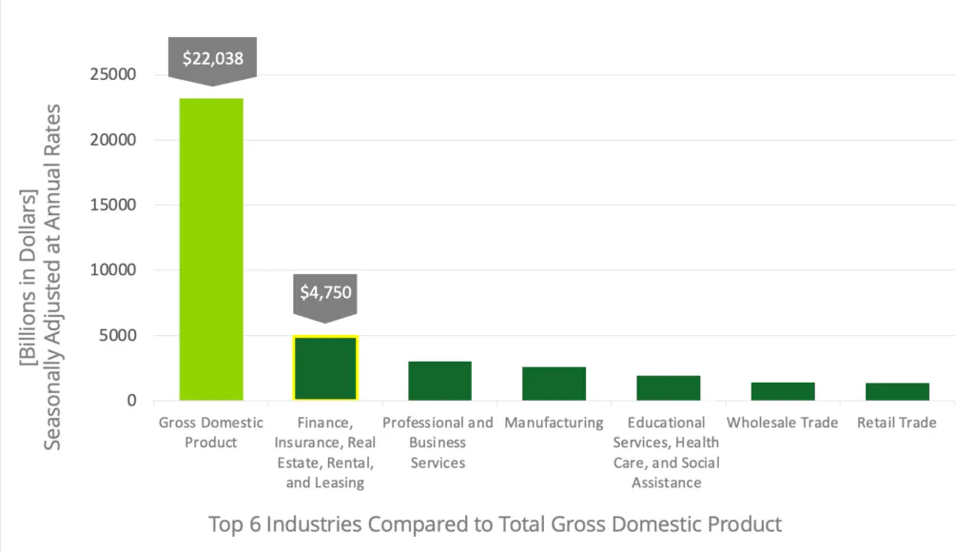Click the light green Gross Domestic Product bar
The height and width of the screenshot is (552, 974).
[211, 249]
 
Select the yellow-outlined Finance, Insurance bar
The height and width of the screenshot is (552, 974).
[325, 368]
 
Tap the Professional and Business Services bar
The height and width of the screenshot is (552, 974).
[439, 381]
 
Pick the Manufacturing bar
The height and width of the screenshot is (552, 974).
[554, 384]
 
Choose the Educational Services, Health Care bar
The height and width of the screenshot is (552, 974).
[668, 387]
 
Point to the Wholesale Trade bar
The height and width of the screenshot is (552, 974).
[782, 391]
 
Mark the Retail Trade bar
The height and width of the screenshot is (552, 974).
[897, 391]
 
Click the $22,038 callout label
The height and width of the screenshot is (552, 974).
[213, 58]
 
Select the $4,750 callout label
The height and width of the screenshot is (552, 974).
[326, 292]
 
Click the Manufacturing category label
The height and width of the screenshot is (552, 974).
[554, 423]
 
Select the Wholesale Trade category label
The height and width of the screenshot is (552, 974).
[782, 423]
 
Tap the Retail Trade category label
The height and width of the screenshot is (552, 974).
[897, 423]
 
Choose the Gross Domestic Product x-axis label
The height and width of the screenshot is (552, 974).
[211, 432]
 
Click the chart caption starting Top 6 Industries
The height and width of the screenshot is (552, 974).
[495, 523]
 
